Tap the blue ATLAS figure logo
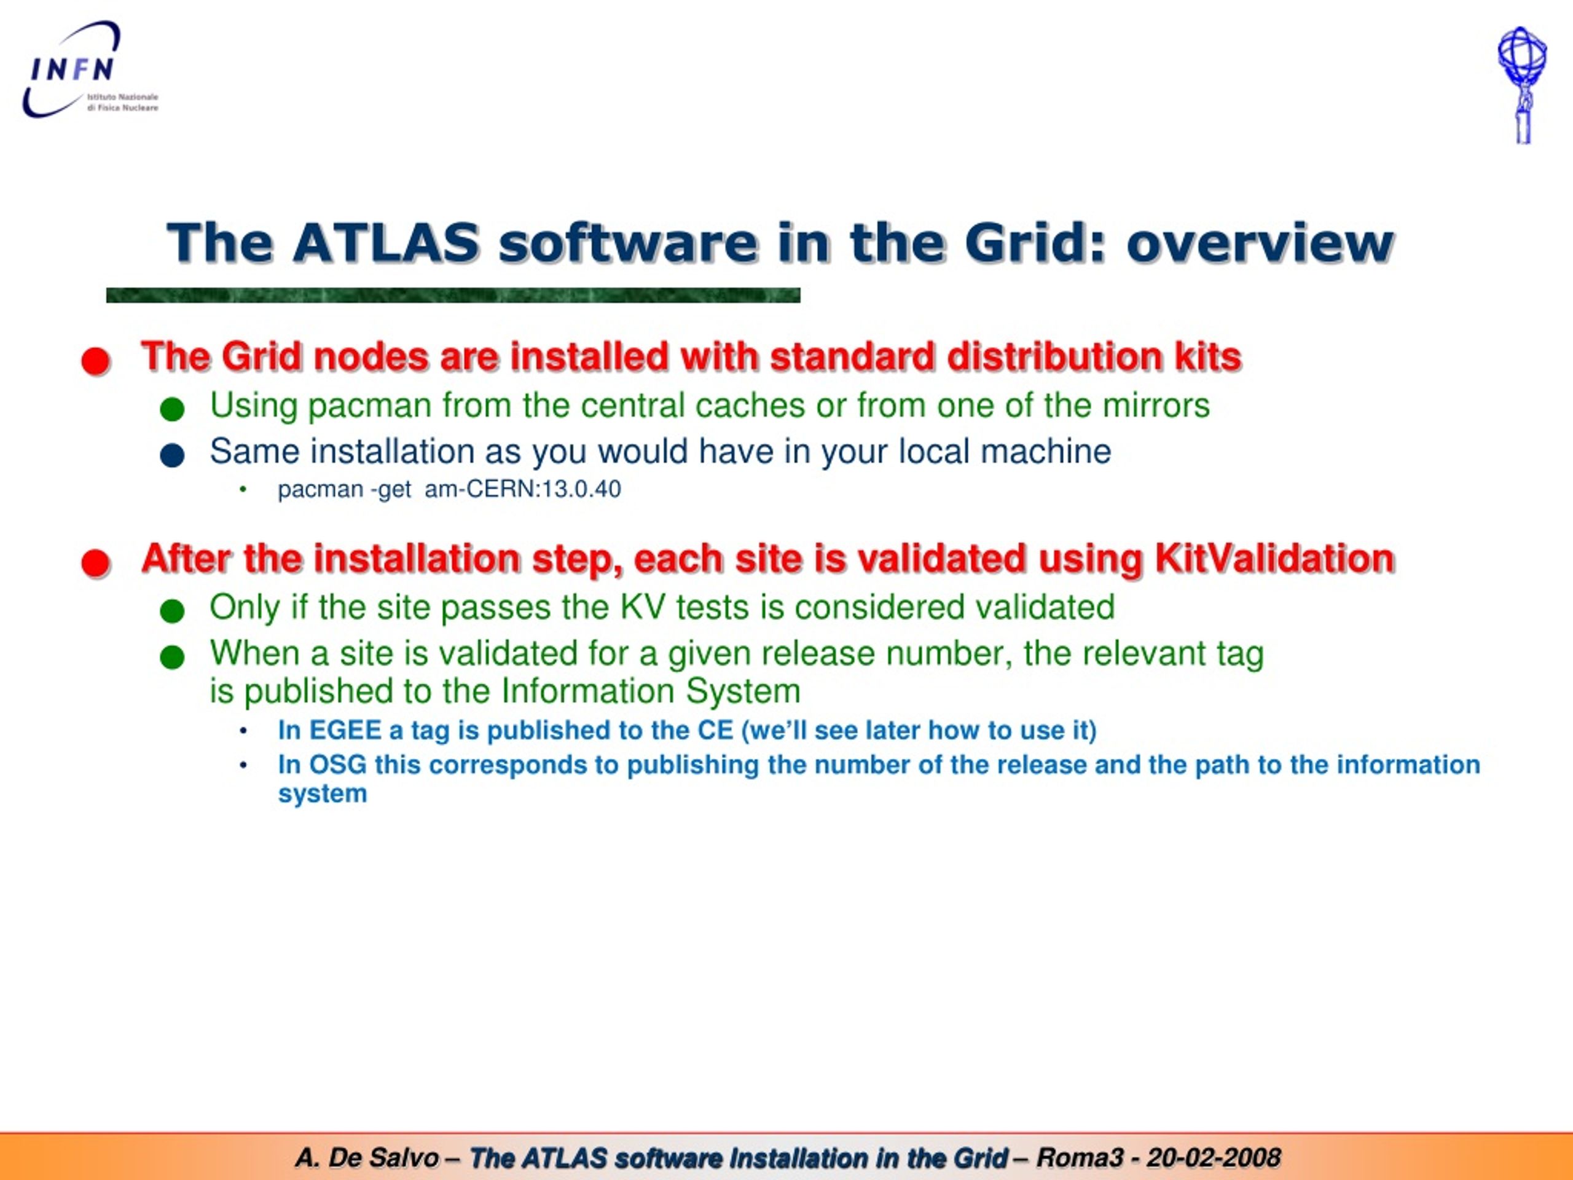tap(1522, 85)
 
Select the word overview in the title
tap(1260, 243)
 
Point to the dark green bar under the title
tap(453, 295)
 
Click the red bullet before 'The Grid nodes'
tap(95, 361)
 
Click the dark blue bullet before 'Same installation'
tap(172, 455)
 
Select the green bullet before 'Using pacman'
tap(172, 409)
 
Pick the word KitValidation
tap(1274, 558)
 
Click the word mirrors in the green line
tap(1156, 406)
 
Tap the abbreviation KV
tap(643, 607)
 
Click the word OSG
tap(338, 765)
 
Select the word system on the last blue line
tap(322, 794)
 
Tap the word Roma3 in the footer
tap(1080, 1158)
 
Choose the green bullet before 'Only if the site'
tap(172, 611)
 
